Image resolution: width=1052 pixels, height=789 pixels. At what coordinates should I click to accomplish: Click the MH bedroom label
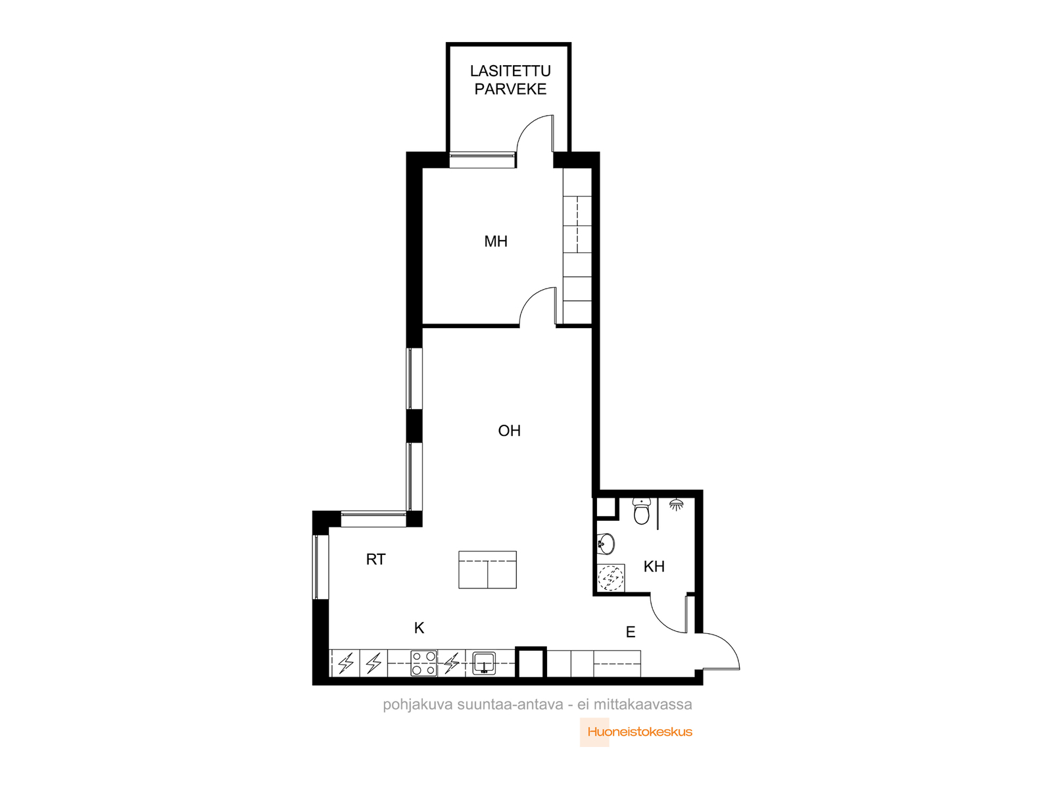click(x=496, y=241)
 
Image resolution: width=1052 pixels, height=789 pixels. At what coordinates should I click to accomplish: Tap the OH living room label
click(x=509, y=431)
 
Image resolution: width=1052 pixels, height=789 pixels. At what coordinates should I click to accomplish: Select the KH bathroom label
click(x=654, y=567)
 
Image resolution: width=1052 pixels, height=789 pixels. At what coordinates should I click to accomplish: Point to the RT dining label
click(x=375, y=559)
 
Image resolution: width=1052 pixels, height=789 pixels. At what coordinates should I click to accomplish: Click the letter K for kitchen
click(x=419, y=628)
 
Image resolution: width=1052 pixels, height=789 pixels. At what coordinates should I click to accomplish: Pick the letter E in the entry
click(x=631, y=633)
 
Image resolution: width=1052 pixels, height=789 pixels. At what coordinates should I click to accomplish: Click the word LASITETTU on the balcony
click(x=510, y=71)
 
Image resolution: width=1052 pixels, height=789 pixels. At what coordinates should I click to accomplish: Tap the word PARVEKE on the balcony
click(x=510, y=89)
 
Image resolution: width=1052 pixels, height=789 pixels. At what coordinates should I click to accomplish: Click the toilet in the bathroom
click(x=641, y=511)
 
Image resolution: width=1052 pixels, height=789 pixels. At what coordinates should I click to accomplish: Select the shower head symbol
click(x=677, y=504)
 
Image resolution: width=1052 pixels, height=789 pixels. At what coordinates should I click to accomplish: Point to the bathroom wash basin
click(x=606, y=544)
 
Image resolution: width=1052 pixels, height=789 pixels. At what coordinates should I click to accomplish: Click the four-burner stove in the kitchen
click(x=423, y=663)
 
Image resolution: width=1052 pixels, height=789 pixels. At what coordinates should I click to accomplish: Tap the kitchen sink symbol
click(x=484, y=663)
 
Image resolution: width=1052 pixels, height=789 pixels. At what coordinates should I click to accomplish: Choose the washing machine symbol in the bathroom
click(x=611, y=578)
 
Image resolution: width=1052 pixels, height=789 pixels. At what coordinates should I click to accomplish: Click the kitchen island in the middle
click(x=487, y=569)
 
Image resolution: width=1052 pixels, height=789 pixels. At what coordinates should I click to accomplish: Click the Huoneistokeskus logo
click(x=636, y=732)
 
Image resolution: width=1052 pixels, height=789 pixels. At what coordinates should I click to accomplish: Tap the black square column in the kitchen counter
click(x=531, y=662)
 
